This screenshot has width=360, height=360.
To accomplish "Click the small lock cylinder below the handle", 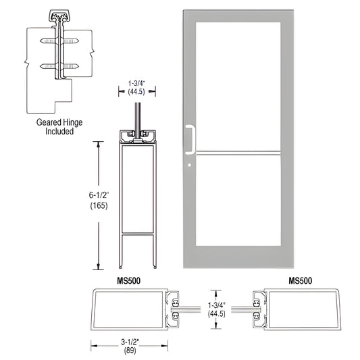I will point(191,164).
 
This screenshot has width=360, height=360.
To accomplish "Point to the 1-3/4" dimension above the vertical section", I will point(137,85).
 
